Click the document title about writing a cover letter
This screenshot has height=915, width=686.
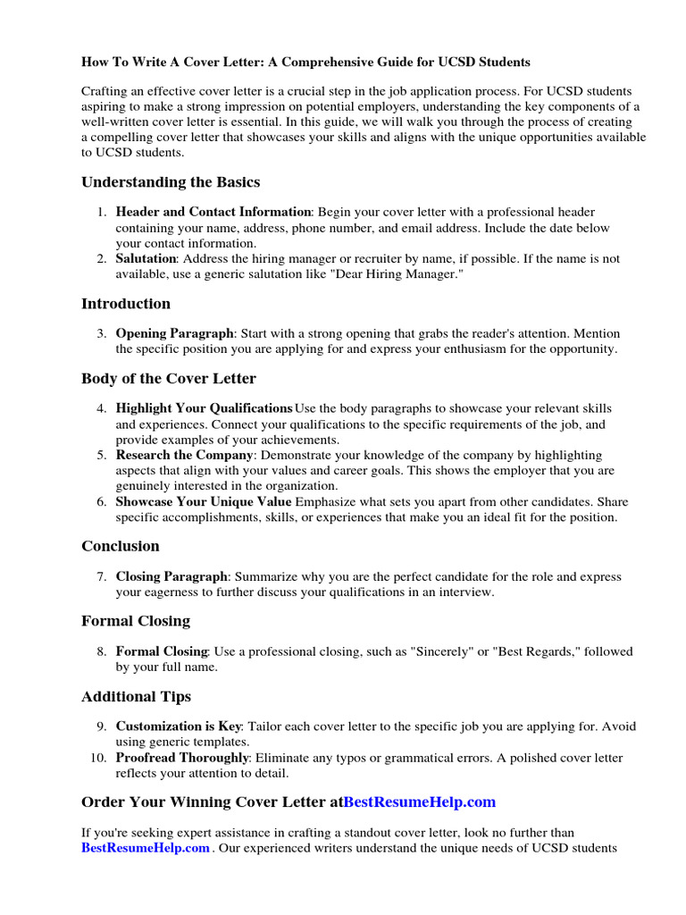(x=305, y=63)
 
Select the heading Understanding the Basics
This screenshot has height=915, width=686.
(x=171, y=182)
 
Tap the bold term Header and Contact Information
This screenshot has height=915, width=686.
(x=213, y=213)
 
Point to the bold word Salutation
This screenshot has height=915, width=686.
(x=146, y=259)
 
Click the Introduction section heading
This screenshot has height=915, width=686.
(x=125, y=304)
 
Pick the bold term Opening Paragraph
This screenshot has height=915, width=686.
(x=174, y=333)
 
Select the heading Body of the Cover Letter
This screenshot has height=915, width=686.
(x=169, y=379)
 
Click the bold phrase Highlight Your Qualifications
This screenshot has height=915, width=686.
(x=204, y=408)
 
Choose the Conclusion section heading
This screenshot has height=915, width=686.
(x=121, y=546)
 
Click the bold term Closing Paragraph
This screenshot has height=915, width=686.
(x=171, y=577)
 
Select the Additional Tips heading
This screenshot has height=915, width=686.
(x=136, y=697)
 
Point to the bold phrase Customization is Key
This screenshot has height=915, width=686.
(x=179, y=726)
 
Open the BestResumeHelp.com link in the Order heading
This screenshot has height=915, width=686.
(x=419, y=802)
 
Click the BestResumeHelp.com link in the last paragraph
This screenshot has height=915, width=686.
(x=146, y=847)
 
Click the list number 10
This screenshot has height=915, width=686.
(x=98, y=758)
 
